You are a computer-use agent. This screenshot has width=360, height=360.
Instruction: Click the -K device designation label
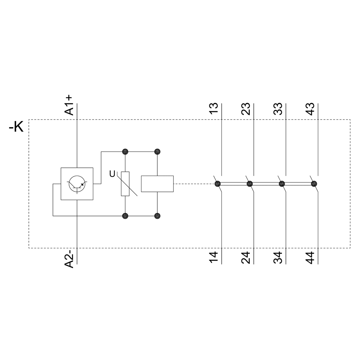click(16, 126)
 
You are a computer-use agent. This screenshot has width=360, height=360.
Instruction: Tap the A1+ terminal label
click(69, 105)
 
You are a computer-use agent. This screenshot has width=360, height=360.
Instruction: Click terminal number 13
click(213, 109)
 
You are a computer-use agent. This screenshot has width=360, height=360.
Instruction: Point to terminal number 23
click(246, 109)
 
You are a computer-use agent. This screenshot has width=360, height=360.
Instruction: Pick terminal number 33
click(278, 109)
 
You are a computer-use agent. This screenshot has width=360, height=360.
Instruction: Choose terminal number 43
click(310, 109)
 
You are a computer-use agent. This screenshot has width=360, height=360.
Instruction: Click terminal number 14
click(213, 258)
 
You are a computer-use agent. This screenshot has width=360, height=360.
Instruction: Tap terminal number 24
click(246, 258)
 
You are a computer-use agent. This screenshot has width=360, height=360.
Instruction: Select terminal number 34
click(278, 258)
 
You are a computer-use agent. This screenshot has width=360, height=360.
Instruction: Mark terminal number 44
click(310, 258)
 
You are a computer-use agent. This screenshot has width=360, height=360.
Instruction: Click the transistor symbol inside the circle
click(77, 184)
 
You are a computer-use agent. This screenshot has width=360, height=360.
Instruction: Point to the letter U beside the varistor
click(112, 174)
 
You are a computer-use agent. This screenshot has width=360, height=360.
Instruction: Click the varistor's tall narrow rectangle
click(125, 184)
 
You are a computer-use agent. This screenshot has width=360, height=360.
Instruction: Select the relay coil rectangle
click(157, 184)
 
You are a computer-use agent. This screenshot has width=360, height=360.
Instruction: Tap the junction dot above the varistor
click(125, 152)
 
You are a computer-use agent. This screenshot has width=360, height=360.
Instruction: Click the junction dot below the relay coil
click(157, 216)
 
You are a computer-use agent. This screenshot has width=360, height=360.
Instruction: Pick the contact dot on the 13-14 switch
click(218, 184)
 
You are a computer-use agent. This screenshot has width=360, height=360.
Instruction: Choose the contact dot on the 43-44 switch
click(314, 184)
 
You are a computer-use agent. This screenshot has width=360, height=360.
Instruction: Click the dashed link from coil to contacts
click(194, 184)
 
